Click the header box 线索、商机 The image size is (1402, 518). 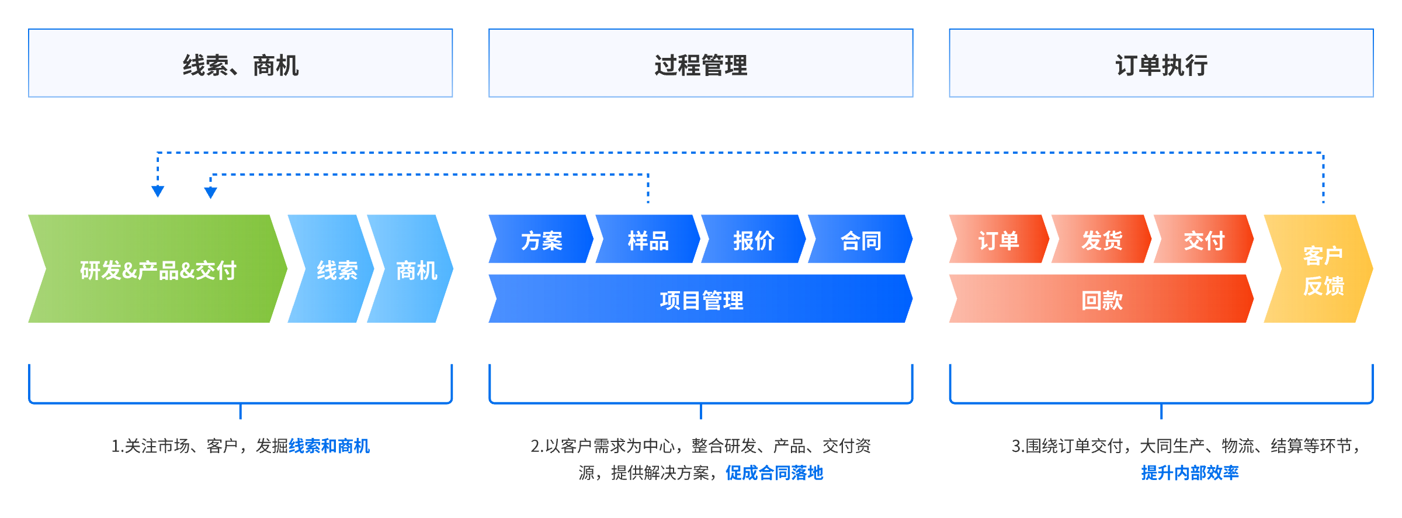(240, 63)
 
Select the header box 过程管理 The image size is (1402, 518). (700, 63)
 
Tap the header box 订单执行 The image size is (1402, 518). (1161, 63)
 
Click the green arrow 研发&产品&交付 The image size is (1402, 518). (158, 269)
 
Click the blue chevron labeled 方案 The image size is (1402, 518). (542, 240)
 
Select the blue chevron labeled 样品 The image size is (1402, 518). (648, 240)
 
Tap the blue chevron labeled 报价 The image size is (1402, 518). (754, 240)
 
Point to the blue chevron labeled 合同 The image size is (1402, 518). (860, 240)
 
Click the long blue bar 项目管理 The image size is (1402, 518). (701, 299)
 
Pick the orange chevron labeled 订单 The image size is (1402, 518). (998, 240)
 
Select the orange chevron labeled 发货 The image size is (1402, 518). (1101, 240)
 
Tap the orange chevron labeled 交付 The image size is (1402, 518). (1203, 240)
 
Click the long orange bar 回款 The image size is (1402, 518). (1101, 299)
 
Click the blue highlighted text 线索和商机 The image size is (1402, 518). (329, 446)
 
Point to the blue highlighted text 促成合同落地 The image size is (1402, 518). (774, 472)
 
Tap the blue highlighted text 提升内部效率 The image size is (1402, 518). (1189, 472)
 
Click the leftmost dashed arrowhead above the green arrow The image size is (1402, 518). (158, 192)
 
